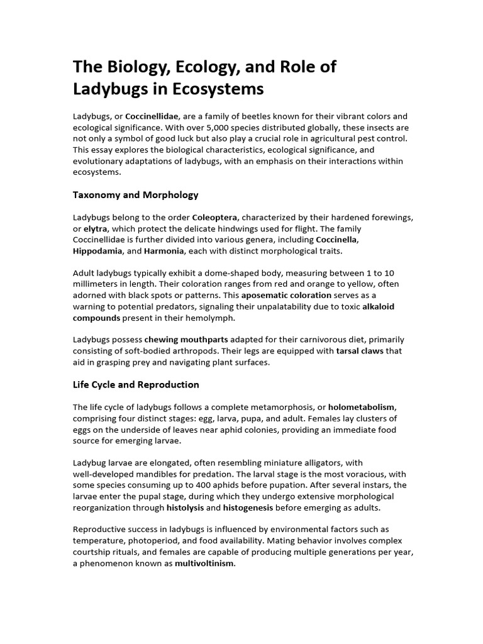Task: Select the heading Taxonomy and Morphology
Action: pyautogui.click(x=136, y=194)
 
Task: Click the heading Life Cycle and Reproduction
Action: pyautogui.click(x=136, y=384)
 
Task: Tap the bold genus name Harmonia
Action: pyautogui.click(x=164, y=251)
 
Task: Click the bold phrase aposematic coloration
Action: pyautogui.click(x=286, y=295)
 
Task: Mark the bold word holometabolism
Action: pyautogui.click(x=362, y=407)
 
